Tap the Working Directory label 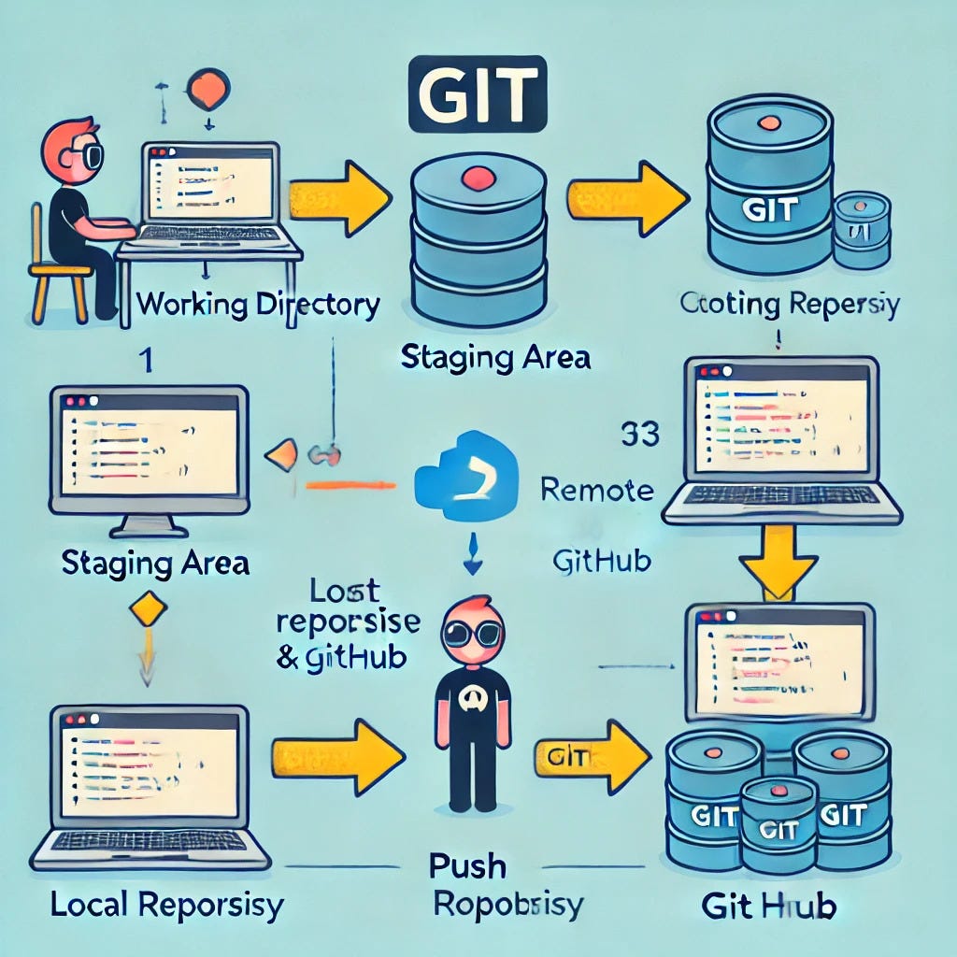click(258, 304)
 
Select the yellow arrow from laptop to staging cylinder click(340, 195)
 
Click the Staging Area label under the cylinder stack click(494, 357)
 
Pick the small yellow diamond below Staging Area click(150, 611)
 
